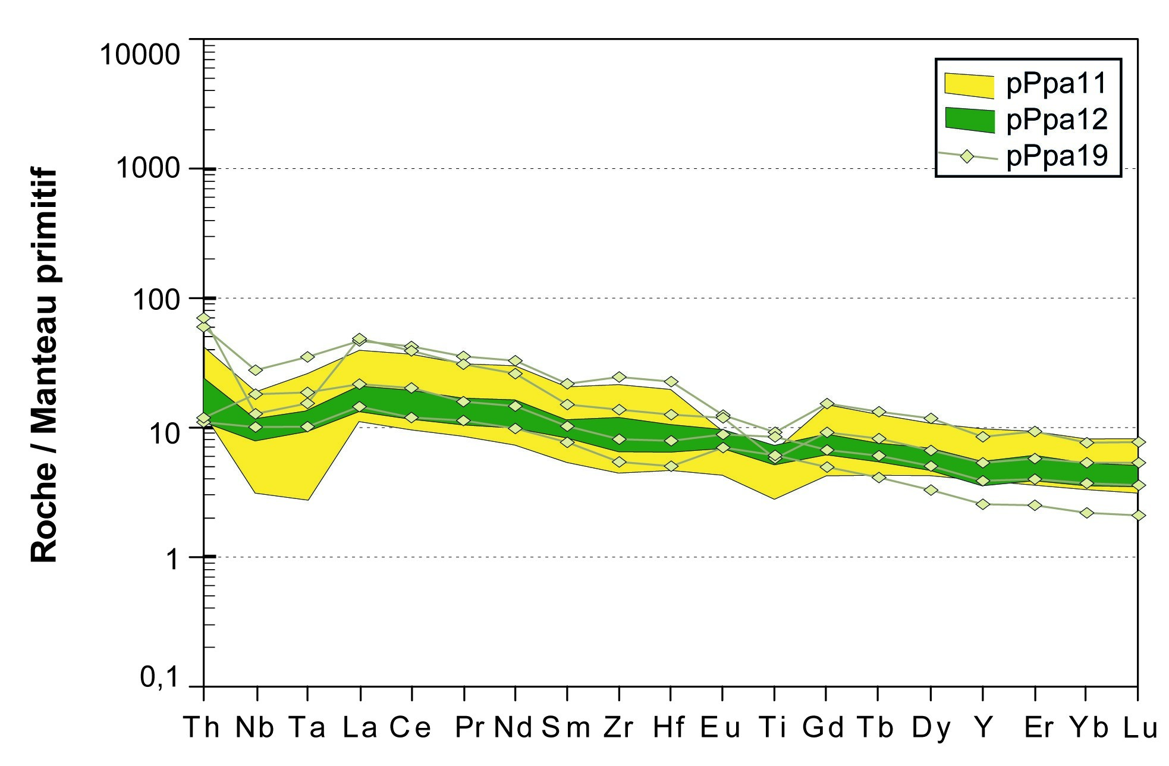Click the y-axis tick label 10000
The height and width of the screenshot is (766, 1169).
click(140, 55)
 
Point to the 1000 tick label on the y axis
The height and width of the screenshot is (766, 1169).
click(147, 168)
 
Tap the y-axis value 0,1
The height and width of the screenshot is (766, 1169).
click(159, 677)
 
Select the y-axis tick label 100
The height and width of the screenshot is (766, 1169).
click(156, 299)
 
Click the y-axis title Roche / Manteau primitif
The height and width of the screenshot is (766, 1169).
click(44, 365)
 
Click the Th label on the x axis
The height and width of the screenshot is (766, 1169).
click(202, 727)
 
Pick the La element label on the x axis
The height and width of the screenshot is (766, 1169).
click(360, 727)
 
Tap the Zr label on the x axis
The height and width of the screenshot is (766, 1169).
click(619, 727)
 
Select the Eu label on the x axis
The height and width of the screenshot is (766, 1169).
click(721, 727)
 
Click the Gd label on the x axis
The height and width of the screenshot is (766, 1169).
click(823, 727)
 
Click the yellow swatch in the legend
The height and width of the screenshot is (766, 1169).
click(969, 85)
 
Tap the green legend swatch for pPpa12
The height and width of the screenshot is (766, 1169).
click(969, 120)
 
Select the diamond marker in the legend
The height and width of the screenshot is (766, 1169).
click(967, 156)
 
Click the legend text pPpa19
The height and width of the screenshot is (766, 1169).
click(1057, 156)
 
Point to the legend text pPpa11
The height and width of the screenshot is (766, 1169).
click(1057, 83)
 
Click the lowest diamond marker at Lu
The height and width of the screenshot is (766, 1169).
click(1138, 515)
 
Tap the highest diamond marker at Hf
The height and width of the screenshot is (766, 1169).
click(671, 381)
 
